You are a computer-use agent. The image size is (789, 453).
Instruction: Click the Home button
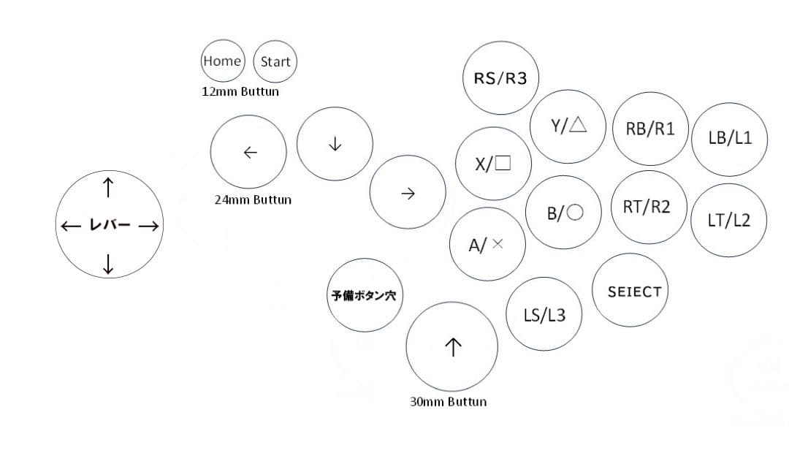(x=222, y=61)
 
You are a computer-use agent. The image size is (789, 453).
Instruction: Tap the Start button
(x=275, y=62)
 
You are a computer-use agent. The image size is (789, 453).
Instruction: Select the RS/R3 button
(x=500, y=78)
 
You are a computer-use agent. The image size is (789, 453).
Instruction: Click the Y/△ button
(x=568, y=126)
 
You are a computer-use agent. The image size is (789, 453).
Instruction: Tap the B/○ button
(x=565, y=213)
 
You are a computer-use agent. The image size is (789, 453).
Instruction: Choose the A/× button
(x=487, y=245)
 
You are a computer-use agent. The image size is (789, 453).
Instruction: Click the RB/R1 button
(x=650, y=129)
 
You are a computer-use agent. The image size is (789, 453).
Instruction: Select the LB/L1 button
(x=729, y=139)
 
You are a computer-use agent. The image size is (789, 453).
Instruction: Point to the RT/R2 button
(x=647, y=207)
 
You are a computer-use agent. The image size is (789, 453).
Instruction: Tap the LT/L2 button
(x=728, y=220)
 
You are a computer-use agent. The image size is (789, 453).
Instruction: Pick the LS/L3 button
(x=544, y=315)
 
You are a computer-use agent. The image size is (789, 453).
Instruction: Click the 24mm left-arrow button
(x=248, y=152)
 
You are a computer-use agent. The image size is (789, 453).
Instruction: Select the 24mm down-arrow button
(x=335, y=144)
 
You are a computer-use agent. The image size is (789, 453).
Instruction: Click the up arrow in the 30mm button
(x=452, y=347)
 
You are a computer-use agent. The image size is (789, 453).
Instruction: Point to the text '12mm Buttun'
(x=240, y=92)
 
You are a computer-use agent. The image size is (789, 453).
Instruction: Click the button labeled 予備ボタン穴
(x=364, y=296)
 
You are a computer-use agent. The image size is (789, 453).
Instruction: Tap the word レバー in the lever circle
(x=110, y=225)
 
